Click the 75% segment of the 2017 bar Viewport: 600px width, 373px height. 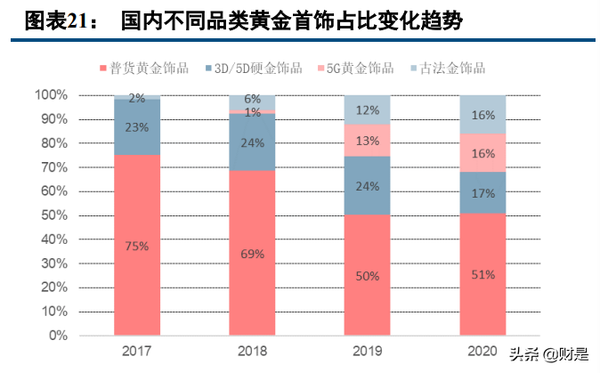coord(137,245)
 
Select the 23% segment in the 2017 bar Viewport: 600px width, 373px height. coord(137,126)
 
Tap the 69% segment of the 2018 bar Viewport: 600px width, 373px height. coord(252,253)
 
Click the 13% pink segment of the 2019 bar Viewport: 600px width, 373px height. coord(367,140)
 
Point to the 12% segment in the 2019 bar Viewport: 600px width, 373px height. coord(367,109)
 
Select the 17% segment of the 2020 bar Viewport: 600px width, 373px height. coord(482,192)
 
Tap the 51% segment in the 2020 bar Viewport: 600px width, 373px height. coord(482,274)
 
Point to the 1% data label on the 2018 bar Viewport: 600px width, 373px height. coord(252,113)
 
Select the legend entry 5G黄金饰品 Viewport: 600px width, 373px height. coord(360,68)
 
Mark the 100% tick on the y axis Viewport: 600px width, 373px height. coord(51,94)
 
